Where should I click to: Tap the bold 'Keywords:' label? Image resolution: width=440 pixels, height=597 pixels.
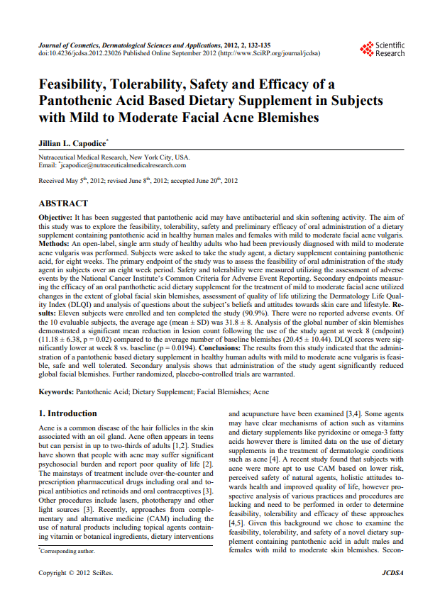click(x=56, y=391)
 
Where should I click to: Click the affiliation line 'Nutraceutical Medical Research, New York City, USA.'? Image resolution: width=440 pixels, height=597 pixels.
click(x=114, y=157)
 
